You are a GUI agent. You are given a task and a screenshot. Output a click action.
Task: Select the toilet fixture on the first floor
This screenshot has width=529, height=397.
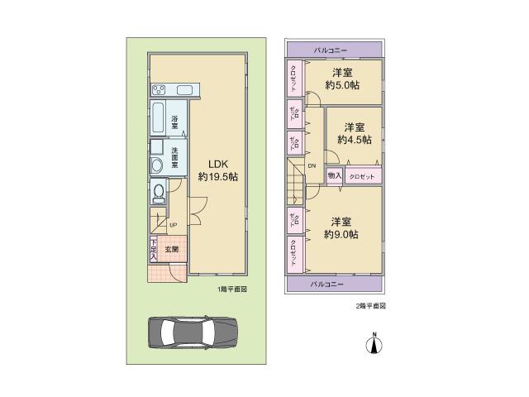pos(159,193)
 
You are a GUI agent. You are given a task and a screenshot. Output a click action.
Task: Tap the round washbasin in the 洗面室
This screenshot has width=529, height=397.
pos(157,165)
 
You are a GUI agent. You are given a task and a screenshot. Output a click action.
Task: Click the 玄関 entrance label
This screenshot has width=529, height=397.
pos(171,248)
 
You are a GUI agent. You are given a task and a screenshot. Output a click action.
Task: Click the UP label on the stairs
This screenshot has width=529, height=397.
pos(173,224)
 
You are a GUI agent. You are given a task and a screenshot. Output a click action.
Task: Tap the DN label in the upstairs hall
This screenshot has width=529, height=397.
pos(312,165)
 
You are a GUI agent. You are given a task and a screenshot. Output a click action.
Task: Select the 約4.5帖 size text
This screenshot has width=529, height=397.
pos(354,140)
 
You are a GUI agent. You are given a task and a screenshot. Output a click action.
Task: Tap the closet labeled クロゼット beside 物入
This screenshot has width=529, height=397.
pos(362,176)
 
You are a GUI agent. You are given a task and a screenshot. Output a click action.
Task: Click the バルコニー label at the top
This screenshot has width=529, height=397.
pos(335,50)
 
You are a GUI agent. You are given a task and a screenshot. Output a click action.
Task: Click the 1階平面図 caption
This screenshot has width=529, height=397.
pos(232,289)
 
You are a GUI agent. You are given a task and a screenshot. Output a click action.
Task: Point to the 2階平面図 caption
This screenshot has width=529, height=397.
pos(369,305)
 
